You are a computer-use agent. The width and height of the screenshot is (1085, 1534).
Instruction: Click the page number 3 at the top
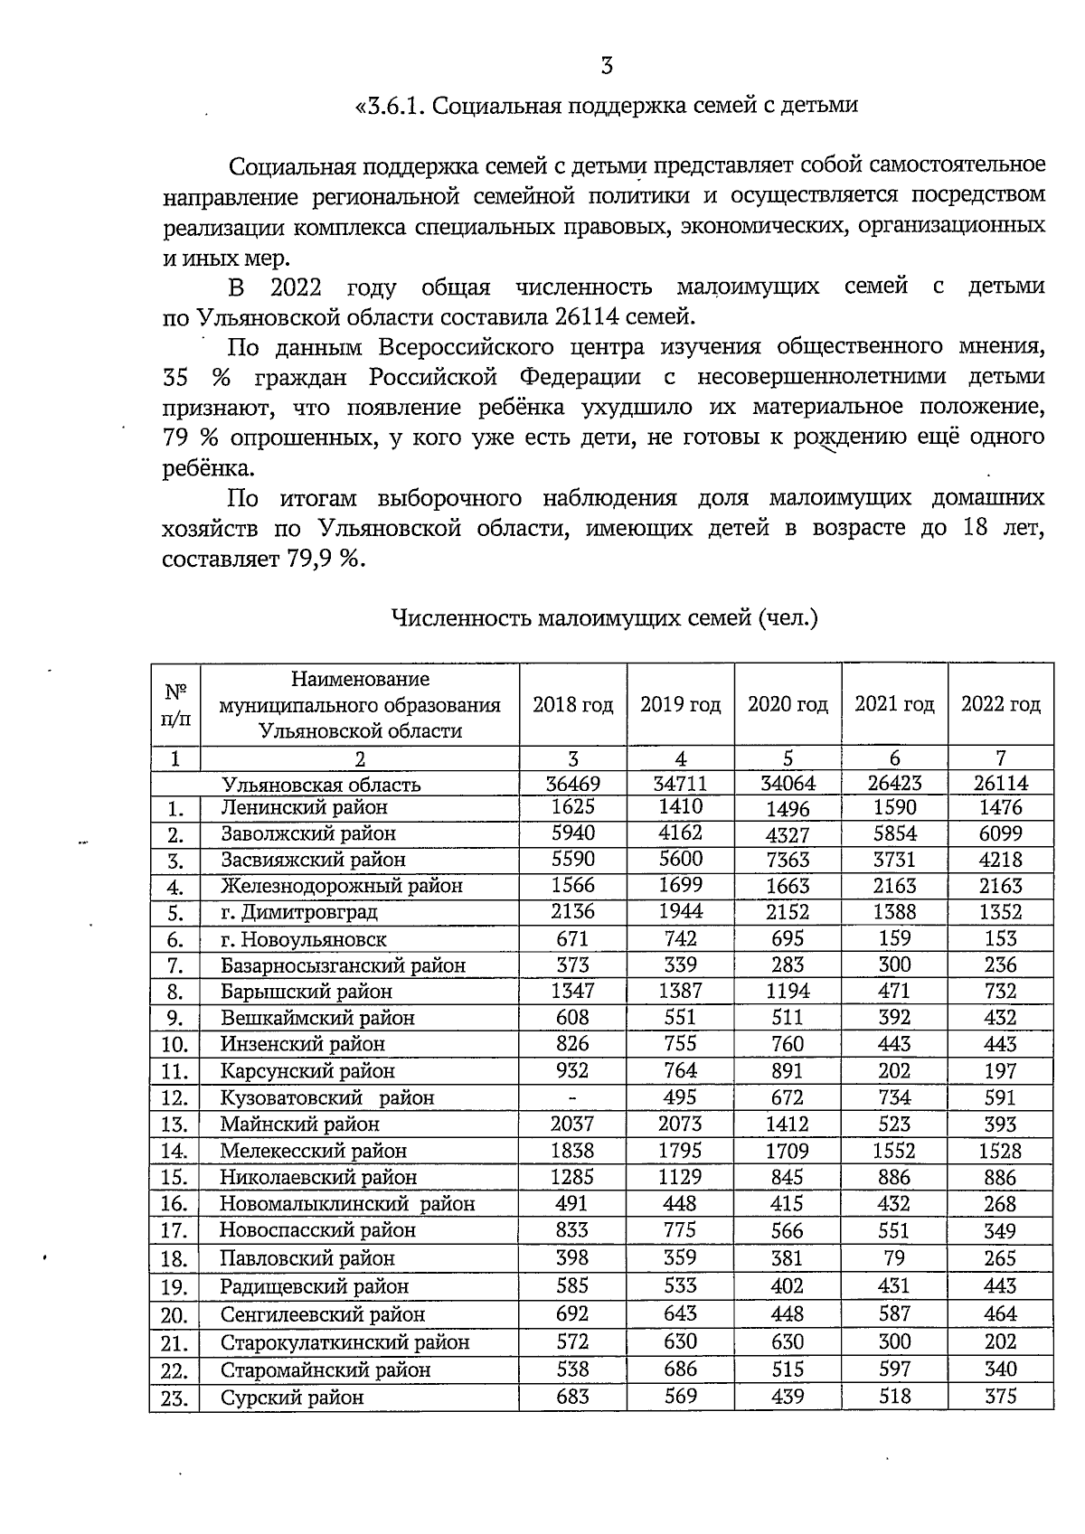click(607, 65)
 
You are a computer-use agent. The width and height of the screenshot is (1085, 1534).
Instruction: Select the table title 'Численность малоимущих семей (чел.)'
click(604, 619)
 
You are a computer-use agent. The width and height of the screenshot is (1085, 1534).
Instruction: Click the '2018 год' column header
click(573, 704)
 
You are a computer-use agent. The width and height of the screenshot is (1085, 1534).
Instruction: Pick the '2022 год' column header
click(1000, 704)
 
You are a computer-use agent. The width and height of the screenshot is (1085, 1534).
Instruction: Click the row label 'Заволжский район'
click(308, 833)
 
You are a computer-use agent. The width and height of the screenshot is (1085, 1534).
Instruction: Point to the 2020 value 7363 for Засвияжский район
click(788, 860)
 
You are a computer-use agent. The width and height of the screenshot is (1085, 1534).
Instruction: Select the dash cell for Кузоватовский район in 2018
click(571, 1097)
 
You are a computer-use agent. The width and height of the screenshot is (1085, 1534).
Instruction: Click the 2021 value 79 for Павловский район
click(894, 1257)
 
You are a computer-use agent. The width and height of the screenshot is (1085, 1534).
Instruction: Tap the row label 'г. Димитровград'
click(299, 912)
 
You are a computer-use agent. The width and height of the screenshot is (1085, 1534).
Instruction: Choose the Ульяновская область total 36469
click(572, 784)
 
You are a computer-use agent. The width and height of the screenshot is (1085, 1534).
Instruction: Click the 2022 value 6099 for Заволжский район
click(1000, 833)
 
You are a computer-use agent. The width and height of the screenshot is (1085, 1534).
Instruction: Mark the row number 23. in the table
click(175, 1399)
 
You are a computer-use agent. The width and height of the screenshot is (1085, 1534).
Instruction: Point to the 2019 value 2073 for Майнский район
click(680, 1124)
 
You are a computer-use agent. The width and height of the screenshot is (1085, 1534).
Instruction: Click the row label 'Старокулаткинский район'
click(344, 1342)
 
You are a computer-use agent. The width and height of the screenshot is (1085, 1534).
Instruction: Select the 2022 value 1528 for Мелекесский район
click(1000, 1151)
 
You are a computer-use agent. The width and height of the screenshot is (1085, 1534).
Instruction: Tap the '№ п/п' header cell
click(175, 704)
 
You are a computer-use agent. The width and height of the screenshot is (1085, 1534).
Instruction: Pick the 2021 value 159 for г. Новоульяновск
click(894, 938)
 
